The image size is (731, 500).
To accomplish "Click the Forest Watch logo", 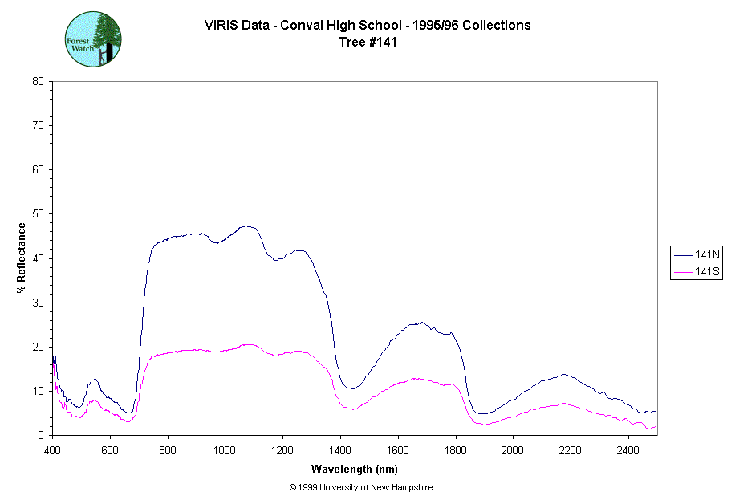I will click(93, 39).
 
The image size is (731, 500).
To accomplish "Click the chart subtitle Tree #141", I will click(368, 43).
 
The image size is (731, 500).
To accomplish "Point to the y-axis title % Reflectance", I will click(22, 258).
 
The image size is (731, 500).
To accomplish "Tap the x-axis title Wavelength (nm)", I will click(355, 470).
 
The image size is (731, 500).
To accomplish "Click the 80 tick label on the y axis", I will click(38, 81).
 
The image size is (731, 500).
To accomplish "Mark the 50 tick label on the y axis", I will click(38, 213).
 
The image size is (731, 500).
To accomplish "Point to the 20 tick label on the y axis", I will click(38, 347).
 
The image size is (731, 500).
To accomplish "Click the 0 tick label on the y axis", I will click(41, 435).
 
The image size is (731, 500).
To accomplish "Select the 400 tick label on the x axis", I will click(52, 449).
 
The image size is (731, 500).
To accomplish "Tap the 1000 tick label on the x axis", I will click(225, 449).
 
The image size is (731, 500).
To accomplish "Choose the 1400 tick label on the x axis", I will click(340, 449).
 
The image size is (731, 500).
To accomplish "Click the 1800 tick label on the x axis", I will click(455, 449).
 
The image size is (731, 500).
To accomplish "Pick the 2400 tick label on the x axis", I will click(628, 449).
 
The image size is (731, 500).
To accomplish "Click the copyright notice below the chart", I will click(361, 487).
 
